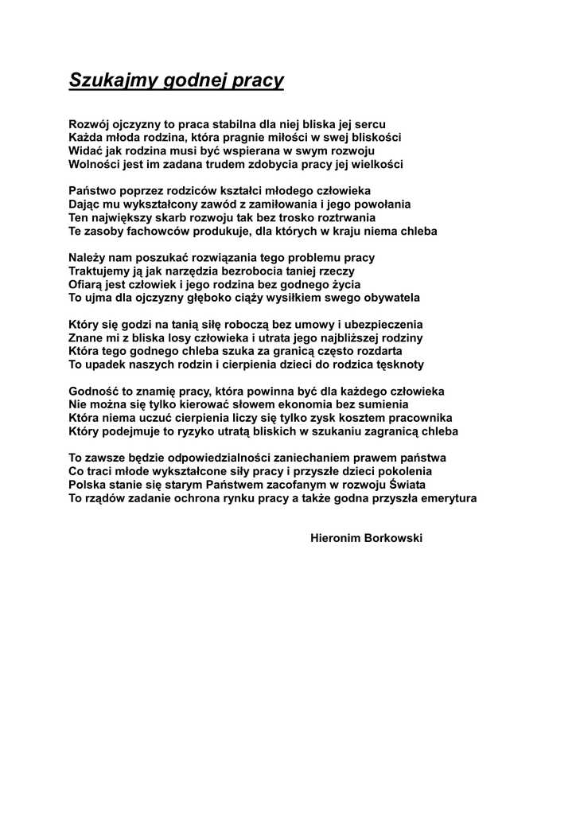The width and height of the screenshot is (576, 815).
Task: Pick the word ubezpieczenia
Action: [x=382, y=325]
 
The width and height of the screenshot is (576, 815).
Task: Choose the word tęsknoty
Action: [x=396, y=365]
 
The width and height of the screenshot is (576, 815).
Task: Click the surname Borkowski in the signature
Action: [x=392, y=538]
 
